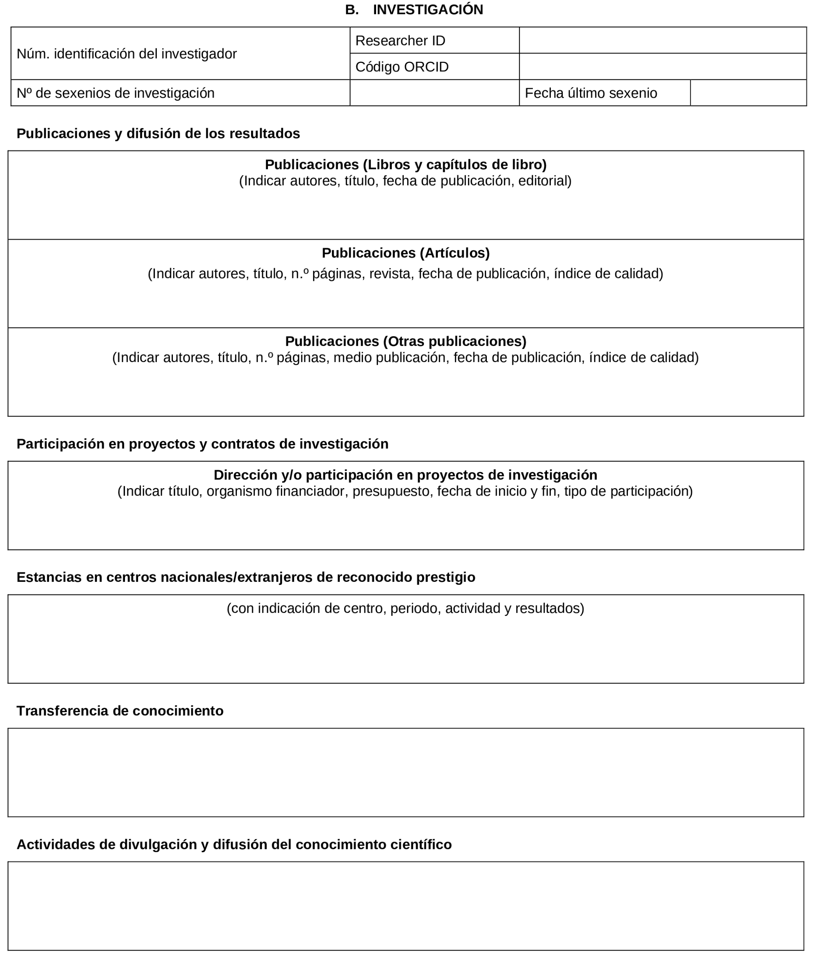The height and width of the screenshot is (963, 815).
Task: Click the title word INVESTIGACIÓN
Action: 428,10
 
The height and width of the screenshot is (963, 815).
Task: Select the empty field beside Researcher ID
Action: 662,40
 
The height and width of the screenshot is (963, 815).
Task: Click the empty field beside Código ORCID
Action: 662,67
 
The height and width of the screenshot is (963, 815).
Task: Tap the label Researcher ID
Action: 400,41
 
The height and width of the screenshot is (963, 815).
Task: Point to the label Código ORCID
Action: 402,67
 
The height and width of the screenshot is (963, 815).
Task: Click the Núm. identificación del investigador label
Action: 127,54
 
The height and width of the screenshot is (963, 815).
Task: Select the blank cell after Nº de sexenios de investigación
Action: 434,93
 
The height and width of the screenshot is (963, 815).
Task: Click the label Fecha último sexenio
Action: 590,93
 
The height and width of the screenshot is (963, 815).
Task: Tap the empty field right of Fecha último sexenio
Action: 748,93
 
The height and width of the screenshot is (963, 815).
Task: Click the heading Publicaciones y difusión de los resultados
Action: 158,133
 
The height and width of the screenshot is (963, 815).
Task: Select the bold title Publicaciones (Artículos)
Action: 406,253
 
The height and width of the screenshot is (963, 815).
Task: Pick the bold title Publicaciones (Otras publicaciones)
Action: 406,341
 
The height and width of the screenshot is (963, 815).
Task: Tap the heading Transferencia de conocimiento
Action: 120,711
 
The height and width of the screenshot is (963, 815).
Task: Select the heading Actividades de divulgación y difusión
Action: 234,844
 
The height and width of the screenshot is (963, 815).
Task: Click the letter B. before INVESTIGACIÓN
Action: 352,10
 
